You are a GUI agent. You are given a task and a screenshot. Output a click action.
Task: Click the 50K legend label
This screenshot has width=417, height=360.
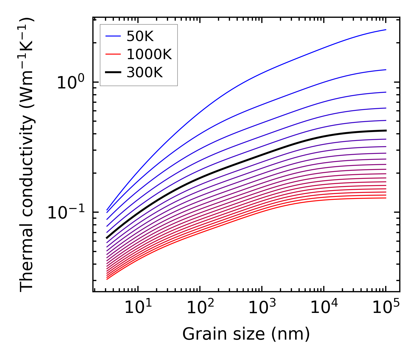(140, 36)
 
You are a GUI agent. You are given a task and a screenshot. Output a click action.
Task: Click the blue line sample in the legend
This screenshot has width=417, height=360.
(113, 36)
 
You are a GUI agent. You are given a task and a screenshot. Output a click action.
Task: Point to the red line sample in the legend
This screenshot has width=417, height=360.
(113, 54)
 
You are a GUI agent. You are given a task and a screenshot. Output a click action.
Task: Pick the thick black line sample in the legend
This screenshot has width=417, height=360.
(113, 72)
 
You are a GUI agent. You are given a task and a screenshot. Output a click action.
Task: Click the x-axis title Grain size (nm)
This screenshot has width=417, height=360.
(246, 334)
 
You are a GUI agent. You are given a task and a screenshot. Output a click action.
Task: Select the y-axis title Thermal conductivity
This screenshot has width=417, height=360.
(27, 154)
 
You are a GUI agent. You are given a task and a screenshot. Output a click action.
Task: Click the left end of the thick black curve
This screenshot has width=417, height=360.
(107, 238)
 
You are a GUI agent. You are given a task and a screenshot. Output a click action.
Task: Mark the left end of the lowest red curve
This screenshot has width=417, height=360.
(107, 279)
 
